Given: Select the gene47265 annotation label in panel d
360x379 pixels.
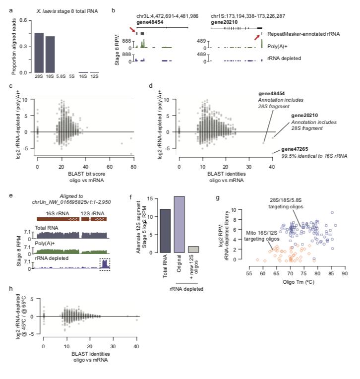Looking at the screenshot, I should tap(294, 149).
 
